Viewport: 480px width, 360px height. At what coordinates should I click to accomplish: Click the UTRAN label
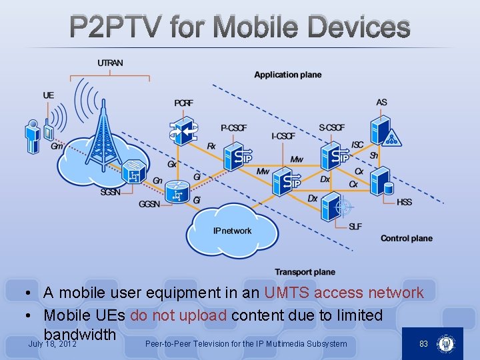[110, 63]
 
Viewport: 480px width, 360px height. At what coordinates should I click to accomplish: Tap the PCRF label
[184, 103]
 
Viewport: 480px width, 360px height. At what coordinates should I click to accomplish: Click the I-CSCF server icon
[287, 179]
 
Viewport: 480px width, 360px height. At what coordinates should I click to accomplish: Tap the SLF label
[355, 227]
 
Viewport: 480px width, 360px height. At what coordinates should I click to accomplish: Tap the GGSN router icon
[177, 193]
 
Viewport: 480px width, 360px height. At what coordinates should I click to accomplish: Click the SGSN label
[111, 192]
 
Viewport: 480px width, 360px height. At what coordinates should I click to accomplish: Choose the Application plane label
[287, 75]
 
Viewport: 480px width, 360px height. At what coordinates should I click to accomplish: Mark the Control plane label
[406, 238]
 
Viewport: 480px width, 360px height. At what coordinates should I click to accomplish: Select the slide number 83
[423, 343]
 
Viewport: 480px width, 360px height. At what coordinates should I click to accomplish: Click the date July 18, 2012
[53, 344]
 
